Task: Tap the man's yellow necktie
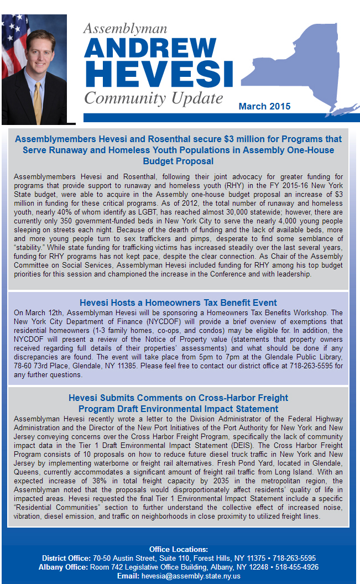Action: [x=37, y=103]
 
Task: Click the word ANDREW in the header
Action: [x=151, y=49]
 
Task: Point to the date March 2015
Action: [x=264, y=106]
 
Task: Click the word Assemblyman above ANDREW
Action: [x=125, y=29]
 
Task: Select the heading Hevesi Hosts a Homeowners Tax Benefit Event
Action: [x=178, y=303]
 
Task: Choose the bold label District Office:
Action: [x=67, y=558]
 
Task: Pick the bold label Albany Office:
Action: [x=64, y=567]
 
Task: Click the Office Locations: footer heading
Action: [x=178, y=549]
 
